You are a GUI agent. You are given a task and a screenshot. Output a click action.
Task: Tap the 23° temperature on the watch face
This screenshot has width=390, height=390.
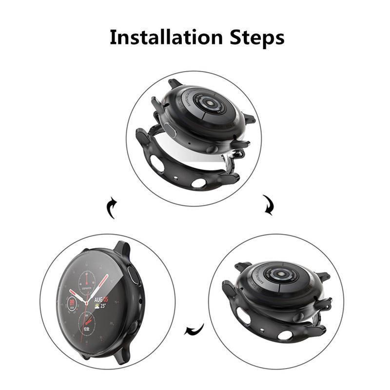point(103,307)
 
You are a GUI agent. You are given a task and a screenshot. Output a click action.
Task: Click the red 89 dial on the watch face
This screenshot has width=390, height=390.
point(72,303)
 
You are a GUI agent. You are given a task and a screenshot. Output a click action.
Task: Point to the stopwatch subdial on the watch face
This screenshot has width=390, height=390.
point(87,280)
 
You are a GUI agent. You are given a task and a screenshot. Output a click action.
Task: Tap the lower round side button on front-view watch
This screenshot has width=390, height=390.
point(132,327)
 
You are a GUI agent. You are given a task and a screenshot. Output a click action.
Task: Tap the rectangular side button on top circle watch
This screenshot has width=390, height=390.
point(170,129)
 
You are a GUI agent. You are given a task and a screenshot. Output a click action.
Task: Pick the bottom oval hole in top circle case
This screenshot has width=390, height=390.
point(198,183)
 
